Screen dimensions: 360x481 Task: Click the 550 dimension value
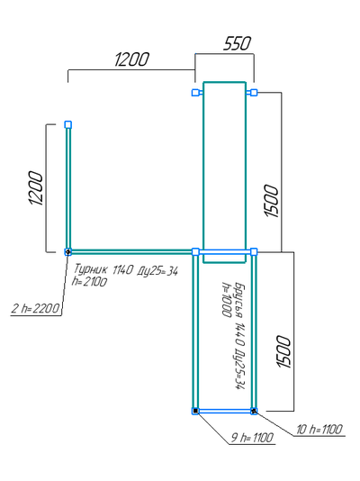(237, 43)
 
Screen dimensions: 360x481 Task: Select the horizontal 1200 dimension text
(131, 59)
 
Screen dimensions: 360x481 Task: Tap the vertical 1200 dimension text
(35, 188)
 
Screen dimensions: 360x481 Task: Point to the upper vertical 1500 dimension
(271, 201)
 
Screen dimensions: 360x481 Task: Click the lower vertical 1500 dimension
(283, 352)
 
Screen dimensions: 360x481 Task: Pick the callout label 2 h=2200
(35, 308)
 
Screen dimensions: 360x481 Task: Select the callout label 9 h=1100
(252, 438)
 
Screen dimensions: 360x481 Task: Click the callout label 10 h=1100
(319, 429)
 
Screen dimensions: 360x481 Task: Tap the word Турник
(91, 269)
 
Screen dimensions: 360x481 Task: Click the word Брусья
(240, 300)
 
